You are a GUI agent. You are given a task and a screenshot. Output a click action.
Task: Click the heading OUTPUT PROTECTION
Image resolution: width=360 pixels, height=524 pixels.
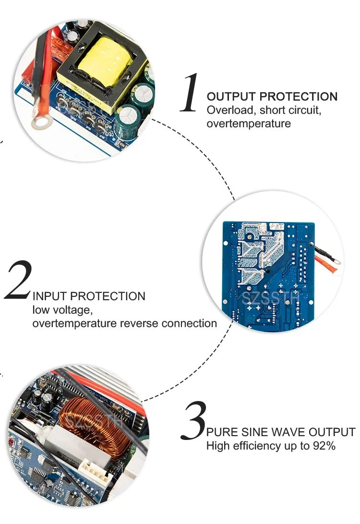[272, 97]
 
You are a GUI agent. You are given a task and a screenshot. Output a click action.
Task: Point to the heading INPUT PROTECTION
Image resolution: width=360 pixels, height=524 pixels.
[89, 296]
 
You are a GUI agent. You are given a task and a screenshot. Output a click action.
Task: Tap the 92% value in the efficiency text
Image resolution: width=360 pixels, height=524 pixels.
[324, 446]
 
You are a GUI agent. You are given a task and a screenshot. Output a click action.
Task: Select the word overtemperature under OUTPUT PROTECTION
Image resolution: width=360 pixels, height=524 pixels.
[249, 124]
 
